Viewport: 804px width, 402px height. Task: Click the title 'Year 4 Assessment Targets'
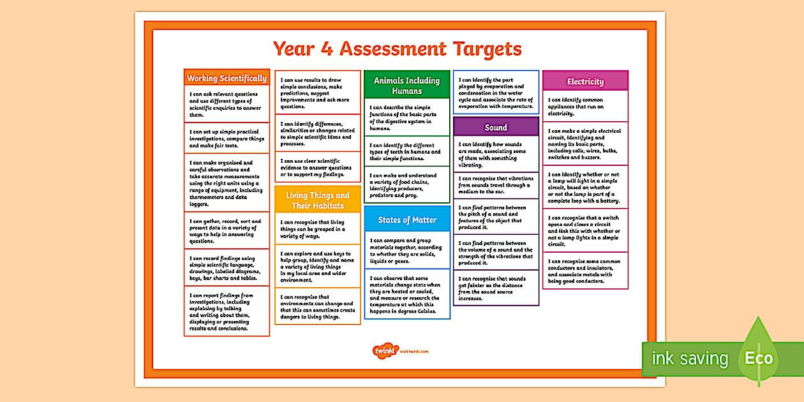pyautogui.click(x=397, y=49)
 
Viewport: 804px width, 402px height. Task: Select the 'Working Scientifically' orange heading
pyautogui.click(x=227, y=78)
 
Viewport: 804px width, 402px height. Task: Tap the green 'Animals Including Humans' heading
pyautogui.click(x=406, y=86)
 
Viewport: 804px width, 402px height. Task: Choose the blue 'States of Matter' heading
pyautogui.click(x=407, y=220)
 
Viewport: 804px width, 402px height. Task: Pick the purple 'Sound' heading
pyautogui.click(x=496, y=127)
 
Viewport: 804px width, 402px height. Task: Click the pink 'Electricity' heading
pyautogui.click(x=585, y=81)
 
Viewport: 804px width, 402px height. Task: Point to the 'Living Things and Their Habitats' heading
pyautogui.click(x=318, y=200)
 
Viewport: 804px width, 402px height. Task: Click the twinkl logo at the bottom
pyautogui.click(x=383, y=350)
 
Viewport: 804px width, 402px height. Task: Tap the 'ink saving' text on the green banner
pyautogui.click(x=689, y=359)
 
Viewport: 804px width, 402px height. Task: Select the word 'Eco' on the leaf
pyautogui.click(x=759, y=358)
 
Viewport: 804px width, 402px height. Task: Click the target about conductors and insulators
pyautogui.click(x=585, y=271)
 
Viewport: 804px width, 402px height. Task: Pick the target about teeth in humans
pyautogui.click(x=406, y=152)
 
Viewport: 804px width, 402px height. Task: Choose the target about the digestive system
pyautogui.click(x=406, y=117)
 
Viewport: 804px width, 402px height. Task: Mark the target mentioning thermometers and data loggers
pyautogui.click(x=227, y=183)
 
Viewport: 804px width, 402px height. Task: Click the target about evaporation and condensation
pyautogui.click(x=496, y=93)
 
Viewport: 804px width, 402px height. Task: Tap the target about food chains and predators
pyautogui.click(x=406, y=185)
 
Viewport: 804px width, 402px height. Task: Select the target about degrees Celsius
pyautogui.click(x=406, y=294)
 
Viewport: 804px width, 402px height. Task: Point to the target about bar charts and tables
pyautogui.click(x=227, y=268)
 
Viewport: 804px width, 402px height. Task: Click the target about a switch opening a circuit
pyautogui.click(x=585, y=230)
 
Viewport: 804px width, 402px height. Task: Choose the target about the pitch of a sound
pyautogui.click(x=496, y=218)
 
